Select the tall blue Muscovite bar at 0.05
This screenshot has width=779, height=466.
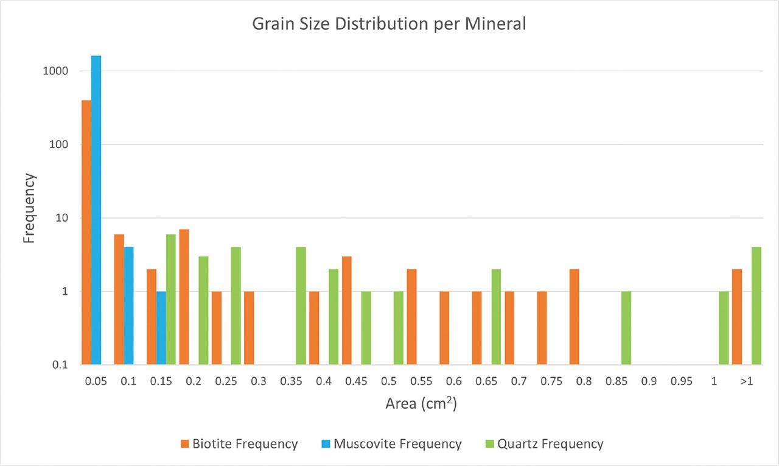[x=96, y=210]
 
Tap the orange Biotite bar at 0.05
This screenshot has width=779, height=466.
[x=86, y=232]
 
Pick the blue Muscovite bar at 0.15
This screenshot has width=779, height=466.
[x=161, y=328]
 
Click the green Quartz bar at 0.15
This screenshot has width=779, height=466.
[x=171, y=299]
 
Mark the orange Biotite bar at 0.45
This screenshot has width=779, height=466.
[x=346, y=311]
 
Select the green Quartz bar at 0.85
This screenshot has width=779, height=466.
[x=626, y=328]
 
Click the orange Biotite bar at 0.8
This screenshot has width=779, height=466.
[x=574, y=317]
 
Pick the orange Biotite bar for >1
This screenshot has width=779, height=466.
[x=737, y=317]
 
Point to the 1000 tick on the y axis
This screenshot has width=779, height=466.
[x=55, y=71]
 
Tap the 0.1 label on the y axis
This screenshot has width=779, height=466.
[x=58, y=365]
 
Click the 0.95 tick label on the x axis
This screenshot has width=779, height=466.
[x=681, y=382]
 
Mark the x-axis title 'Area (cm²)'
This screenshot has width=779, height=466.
[x=421, y=403]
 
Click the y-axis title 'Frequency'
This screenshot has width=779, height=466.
[x=29, y=208]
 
